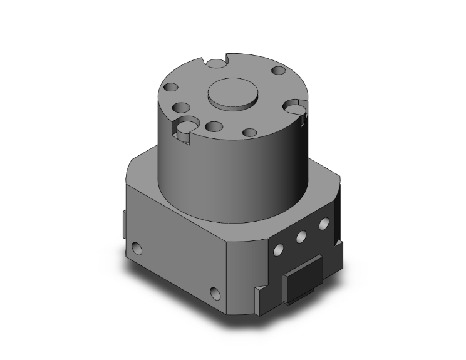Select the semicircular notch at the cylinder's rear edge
(x=217, y=63)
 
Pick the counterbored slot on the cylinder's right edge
(x=296, y=109)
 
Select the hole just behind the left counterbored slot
(x=183, y=106)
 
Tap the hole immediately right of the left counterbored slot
(x=213, y=126)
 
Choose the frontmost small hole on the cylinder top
(x=249, y=133)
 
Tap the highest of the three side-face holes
(x=323, y=222)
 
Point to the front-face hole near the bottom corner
(x=216, y=292)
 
